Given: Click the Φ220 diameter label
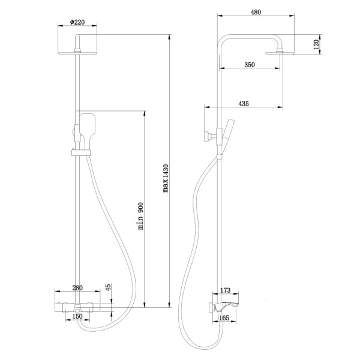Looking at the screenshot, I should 76,23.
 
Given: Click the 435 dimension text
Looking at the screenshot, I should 243,103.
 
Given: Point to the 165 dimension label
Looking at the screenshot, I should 224,317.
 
